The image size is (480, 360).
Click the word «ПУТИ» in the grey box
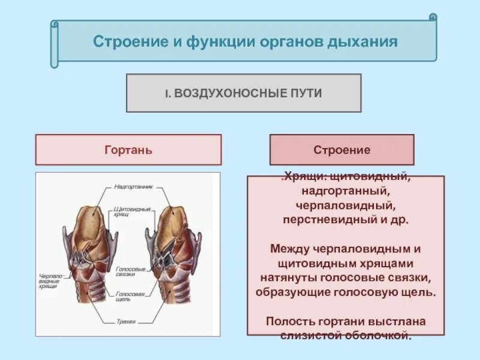pyautogui.click(x=308, y=94)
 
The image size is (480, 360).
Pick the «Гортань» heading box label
pyautogui.click(x=128, y=150)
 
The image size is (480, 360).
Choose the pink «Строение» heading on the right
pyautogui.click(x=342, y=150)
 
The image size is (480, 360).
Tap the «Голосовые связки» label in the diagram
pyautogui.click(x=131, y=272)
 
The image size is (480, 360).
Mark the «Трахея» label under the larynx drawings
pyautogui.click(x=127, y=322)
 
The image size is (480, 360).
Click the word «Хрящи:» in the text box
pyautogui.click(x=304, y=178)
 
